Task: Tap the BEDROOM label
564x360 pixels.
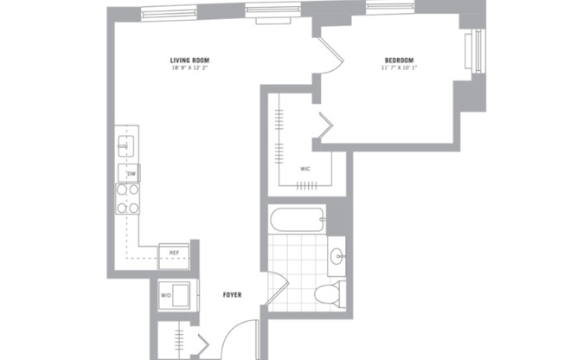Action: click(x=400, y=60)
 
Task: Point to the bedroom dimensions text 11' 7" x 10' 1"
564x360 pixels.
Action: click(x=400, y=68)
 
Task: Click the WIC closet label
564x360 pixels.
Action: click(x=305, y=169)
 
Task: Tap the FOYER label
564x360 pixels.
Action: click(x=231, y=295)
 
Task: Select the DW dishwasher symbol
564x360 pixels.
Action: click(x=131, y=174)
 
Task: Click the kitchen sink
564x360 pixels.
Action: click(x=125, y=147)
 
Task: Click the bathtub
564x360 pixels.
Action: click(x=297, y=220)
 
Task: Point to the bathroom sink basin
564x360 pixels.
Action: click(x=336, y=256)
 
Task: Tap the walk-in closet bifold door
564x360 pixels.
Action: click(x=324, y=127)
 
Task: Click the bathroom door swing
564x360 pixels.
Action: click(x=275, y=290)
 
